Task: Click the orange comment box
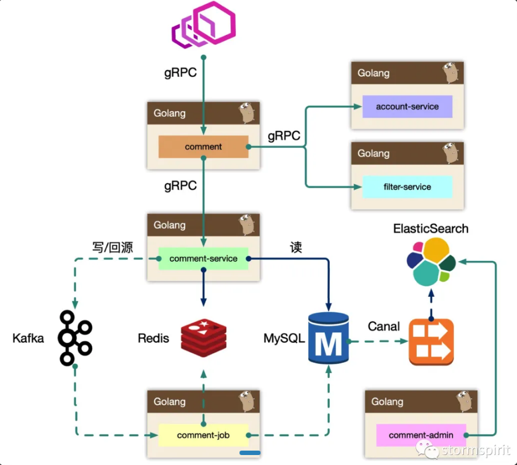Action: (203, 147)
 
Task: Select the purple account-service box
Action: (407, 106)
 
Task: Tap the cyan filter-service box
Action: (407, 187)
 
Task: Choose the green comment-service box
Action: (203, 259)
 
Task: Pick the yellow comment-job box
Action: (203, 435)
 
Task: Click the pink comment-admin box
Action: (421, 435)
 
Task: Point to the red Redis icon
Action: (203, 338)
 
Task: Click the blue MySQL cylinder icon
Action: (329, 338)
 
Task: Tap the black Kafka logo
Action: (75, 338)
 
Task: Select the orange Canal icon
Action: (431, 342)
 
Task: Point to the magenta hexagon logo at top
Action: (204, 25)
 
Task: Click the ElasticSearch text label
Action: (431, 229)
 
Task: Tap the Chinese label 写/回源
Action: (112, 247)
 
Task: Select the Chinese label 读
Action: (296, 247)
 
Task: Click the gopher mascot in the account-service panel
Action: (451, 73)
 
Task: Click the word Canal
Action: (383, 327)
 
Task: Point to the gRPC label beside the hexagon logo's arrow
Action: (180, 73)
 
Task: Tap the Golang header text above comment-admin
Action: (387, 402)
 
